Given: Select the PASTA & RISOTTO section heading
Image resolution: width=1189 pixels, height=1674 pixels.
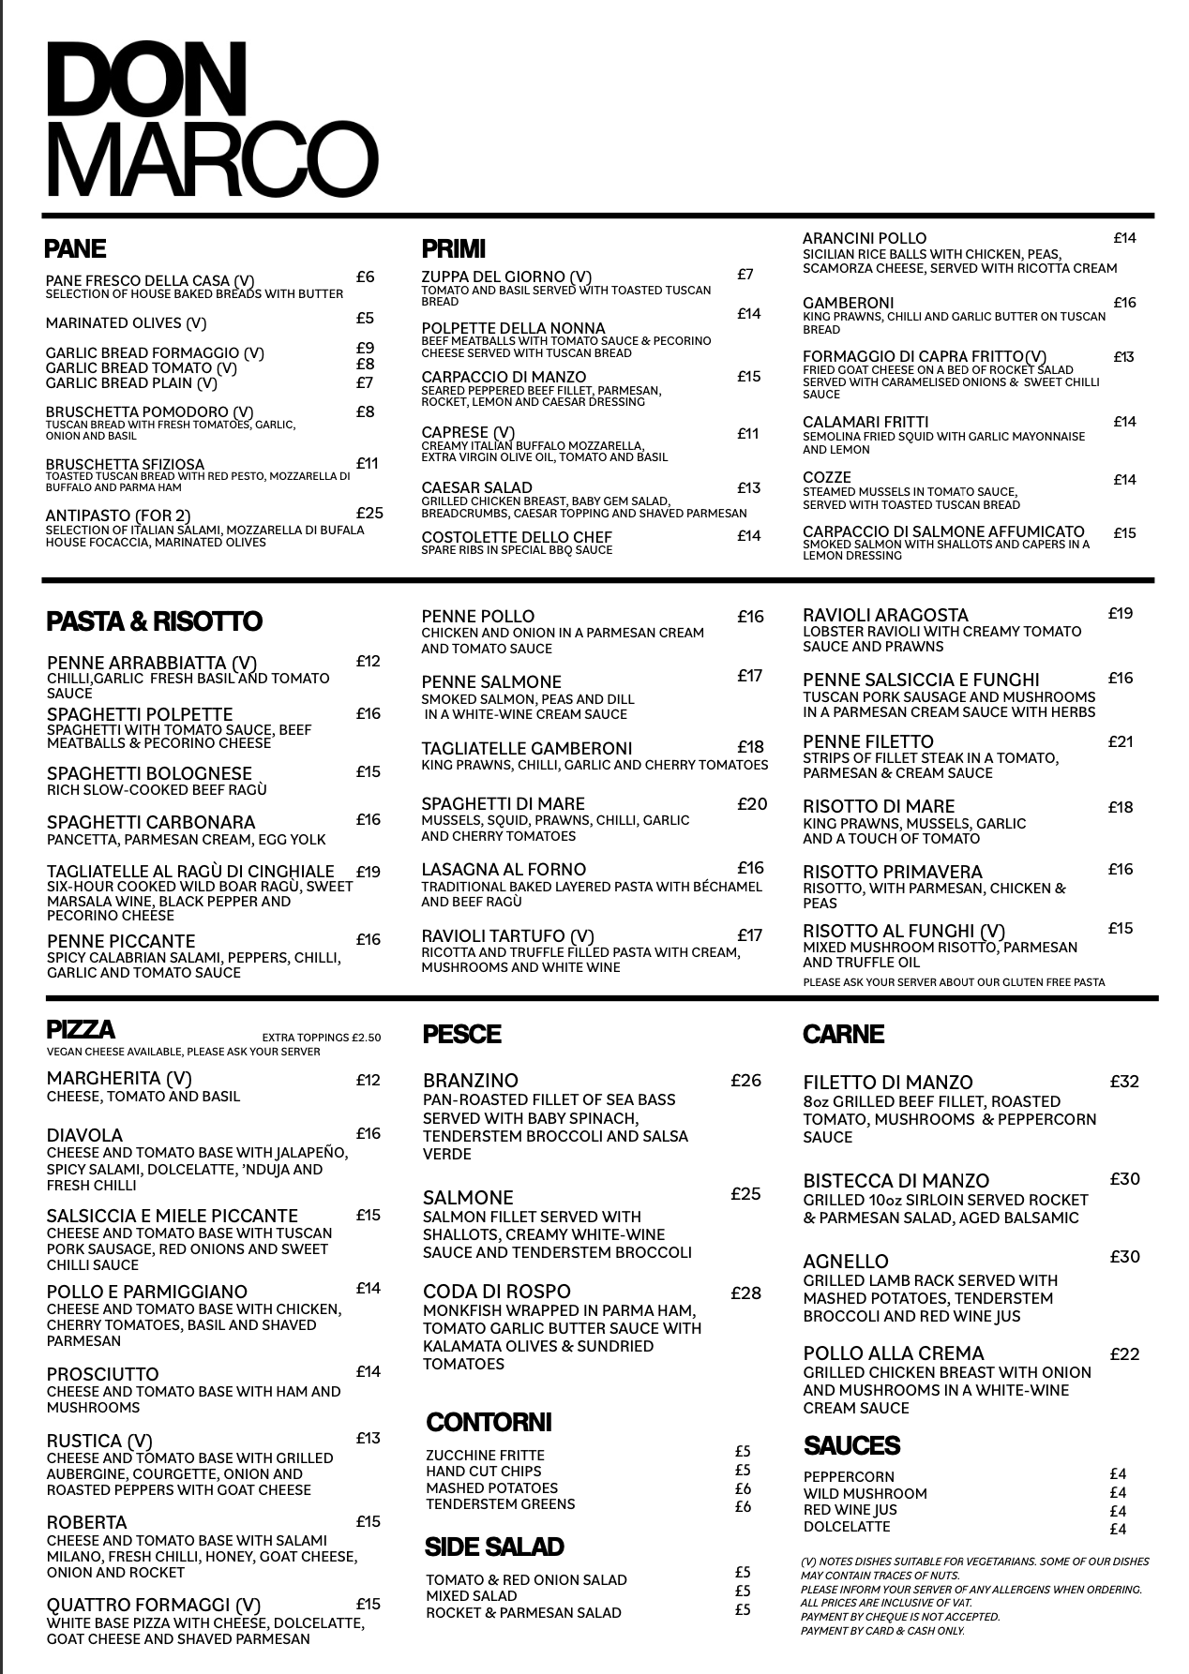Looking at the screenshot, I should [x=154, y=621].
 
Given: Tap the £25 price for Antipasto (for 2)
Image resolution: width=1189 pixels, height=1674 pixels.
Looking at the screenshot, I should [x=369, y=513].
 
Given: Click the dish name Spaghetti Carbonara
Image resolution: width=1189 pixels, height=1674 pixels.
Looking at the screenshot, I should [x=150, y=822].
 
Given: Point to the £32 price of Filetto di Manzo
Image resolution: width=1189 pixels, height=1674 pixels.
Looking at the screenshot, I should [x=1124, y=1081].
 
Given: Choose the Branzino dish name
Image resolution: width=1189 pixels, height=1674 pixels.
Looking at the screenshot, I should [x=470, y=1081].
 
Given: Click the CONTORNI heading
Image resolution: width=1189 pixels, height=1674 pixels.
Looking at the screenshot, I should [x=489, y=1422].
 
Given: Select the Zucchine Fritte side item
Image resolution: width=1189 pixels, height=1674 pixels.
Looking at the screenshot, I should [x=484, y=1455].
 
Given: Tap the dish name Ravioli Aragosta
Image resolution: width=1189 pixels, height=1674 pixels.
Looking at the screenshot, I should [x=885, y=615].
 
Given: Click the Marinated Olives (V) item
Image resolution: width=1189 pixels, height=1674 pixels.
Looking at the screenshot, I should [x=126, y=323].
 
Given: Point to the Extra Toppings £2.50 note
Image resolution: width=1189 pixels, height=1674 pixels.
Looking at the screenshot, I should [x=321, y=1038].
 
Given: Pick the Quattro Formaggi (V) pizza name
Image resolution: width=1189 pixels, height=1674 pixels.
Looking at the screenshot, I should [x=153, y=1605].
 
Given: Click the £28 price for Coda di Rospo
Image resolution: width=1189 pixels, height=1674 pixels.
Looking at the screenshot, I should [x=745, y=1293].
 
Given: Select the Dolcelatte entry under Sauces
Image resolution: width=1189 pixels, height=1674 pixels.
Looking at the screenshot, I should [x=846, y=1527].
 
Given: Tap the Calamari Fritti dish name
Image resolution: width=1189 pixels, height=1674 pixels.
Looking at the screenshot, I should [x=865, y=422].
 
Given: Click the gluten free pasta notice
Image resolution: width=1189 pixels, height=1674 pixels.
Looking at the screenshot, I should [x=953, y=982].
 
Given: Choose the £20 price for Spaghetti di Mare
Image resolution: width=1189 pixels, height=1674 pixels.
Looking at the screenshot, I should [x=751, y=803].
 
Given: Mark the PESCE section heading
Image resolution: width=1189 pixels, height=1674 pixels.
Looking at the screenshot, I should [x=461, y=1034].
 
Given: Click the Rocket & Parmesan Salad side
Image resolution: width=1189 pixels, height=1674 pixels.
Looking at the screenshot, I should [x=522, y=1613].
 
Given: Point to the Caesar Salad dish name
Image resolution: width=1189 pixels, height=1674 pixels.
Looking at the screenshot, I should [x=476, y=487].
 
